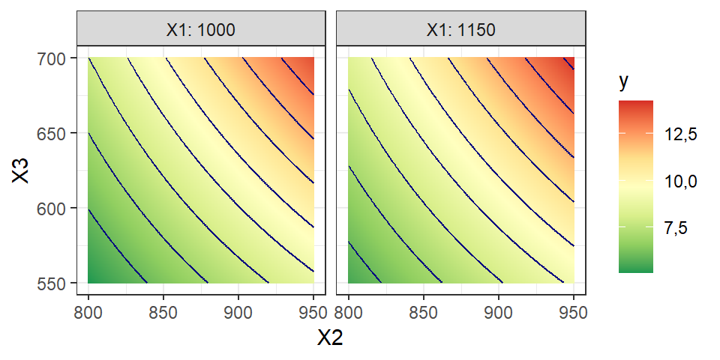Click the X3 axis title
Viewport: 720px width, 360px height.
(23, 170)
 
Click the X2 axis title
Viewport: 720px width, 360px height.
(331, 339)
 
